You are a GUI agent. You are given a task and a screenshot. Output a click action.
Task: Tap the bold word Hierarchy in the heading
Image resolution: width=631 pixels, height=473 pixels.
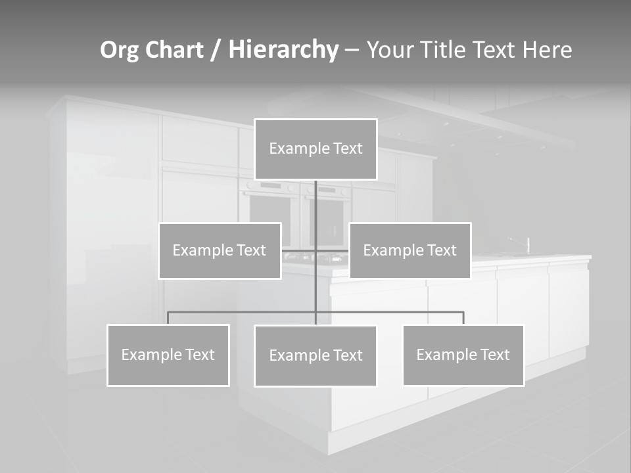[283, 50]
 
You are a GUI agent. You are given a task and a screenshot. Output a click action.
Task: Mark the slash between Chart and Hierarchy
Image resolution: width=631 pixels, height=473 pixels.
[216, 51]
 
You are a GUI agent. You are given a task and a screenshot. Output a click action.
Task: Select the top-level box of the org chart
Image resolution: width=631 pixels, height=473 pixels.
[315, 149]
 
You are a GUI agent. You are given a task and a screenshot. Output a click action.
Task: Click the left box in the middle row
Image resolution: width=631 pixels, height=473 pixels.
[220, 250]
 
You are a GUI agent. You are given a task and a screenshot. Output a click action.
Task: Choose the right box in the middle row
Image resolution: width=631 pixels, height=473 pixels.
[409, 250]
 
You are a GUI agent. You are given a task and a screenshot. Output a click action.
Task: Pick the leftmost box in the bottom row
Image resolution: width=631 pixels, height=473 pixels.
[168, 355]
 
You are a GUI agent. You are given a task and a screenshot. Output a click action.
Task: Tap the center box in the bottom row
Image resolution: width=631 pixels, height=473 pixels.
[315, 355]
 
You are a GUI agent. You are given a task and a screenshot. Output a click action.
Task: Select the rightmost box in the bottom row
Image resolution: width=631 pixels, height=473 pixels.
[463, 355]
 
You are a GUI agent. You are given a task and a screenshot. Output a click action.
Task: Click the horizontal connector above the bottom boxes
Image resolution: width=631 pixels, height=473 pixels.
[243, 312]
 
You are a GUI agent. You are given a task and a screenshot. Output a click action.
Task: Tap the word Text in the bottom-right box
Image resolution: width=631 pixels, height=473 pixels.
[494, 355]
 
